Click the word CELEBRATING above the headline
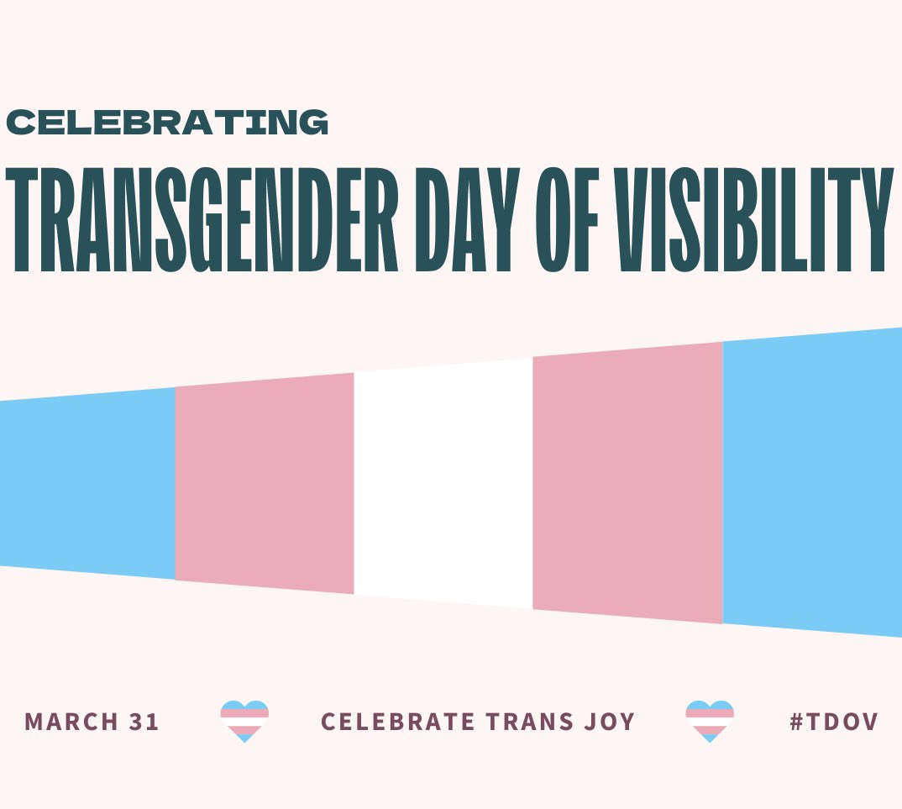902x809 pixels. (166, 123)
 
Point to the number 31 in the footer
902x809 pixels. (144, 722)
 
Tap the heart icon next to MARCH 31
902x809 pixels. (244, 721)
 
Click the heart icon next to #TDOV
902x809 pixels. (710, 721)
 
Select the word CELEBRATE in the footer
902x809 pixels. (392, 722)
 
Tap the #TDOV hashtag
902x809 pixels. (833, 722)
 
